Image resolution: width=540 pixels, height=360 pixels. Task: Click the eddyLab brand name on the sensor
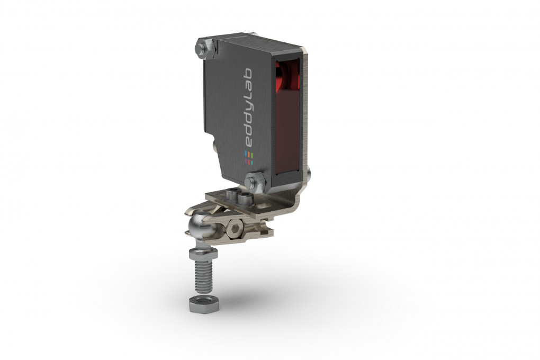pyautogui.click(x=249, y=109)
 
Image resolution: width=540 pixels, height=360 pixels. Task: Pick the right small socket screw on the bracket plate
pyautogui.click(x=245, y=199)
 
